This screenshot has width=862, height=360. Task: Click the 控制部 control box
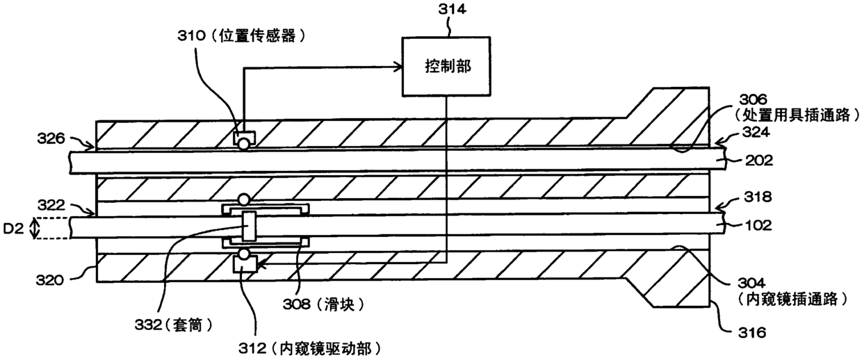(x=446, y=67)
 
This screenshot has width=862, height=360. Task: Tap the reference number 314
(x=452, y=9)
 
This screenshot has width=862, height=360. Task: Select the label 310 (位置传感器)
(x=242, y=36)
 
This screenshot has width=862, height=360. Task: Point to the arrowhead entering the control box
(x=398, y=67)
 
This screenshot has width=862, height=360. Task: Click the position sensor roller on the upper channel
(x=244, y=145)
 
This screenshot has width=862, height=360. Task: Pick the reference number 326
(x=51, y=138)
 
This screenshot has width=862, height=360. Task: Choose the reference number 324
(x=756, y=132)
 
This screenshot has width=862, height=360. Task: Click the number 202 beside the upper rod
(x=759, y=161)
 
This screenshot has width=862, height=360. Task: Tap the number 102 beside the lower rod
(x=758, y=225)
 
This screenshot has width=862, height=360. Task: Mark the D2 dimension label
(x=13, y=229)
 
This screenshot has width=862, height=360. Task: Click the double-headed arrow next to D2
(x=35, y=228)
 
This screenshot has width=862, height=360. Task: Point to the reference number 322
(x=51, y=205)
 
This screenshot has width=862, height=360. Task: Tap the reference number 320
(x=49, y=280)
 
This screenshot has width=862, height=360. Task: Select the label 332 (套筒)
(x=174, y=325)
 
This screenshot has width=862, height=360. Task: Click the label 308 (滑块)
(x=324, y=304)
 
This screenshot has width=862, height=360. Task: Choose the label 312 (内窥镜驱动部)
(x=310, y=348)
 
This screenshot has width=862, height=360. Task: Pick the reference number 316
(x=752, y=332)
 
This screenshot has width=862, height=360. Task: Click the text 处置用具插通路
(x=796, y=115)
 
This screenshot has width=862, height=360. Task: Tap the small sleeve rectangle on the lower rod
(x=249, y=226)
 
